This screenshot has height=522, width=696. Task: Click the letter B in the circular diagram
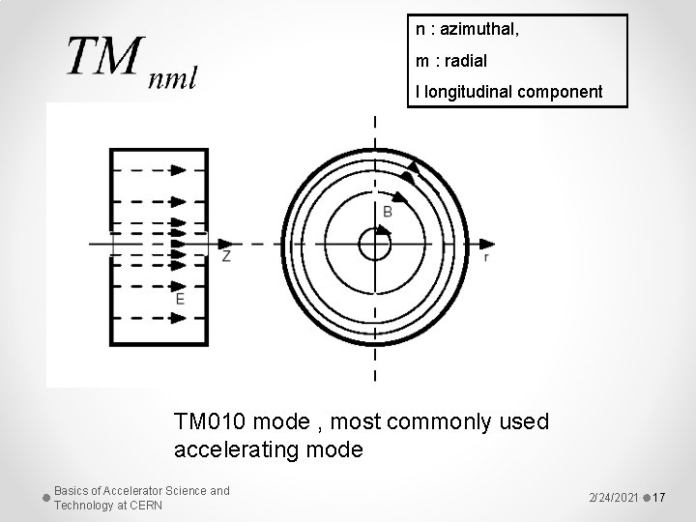click(x=387, y=210)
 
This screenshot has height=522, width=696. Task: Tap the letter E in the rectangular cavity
click(x=180, y=300)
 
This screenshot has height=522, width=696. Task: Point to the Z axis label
click(x=226, y=256)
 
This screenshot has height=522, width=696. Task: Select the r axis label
click(x=485, y=258)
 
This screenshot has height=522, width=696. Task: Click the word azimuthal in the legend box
click(x=479, y=31)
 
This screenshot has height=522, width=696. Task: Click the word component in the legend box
click(x=563, y=93)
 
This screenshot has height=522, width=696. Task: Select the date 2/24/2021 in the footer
click(x=614, y=497)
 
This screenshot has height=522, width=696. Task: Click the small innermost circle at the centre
click(x=374, y=245)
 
